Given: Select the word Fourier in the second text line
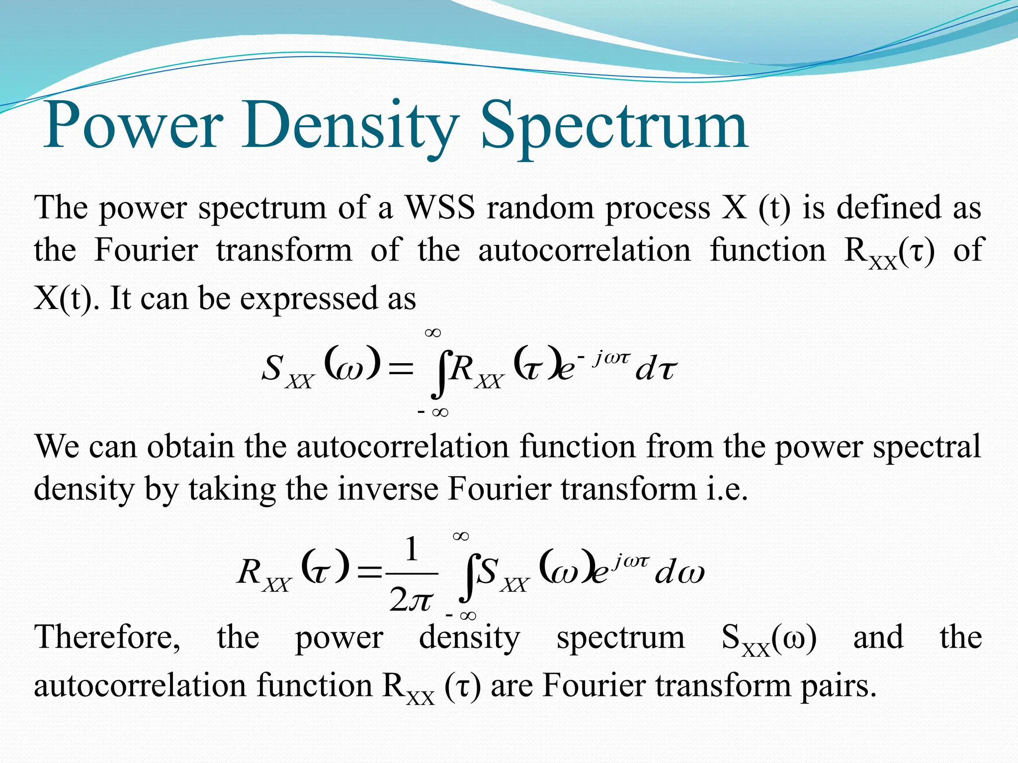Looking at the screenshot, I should click(146, 250).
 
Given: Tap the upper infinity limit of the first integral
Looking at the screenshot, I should click(433, 333).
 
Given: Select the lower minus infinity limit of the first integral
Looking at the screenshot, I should click(433, 412).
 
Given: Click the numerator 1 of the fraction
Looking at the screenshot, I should click(412, 549).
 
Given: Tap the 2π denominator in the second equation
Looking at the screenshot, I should click(412, 600).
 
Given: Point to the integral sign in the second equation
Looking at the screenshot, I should click(467, 576).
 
